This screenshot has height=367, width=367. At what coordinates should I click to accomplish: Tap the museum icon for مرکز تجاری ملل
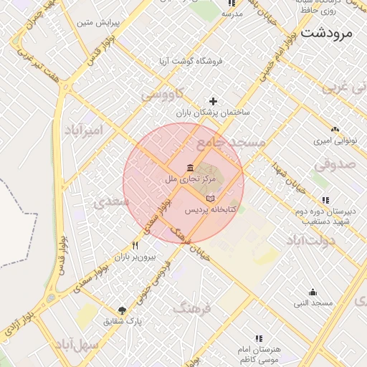189,168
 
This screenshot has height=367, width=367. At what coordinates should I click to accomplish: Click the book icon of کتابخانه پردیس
209,199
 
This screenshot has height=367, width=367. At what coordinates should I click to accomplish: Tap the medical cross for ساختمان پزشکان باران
212,101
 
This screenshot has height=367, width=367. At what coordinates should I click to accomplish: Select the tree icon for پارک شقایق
123,310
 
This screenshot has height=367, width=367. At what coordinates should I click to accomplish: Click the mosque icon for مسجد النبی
313,292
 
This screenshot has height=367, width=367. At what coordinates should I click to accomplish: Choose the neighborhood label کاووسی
162,94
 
